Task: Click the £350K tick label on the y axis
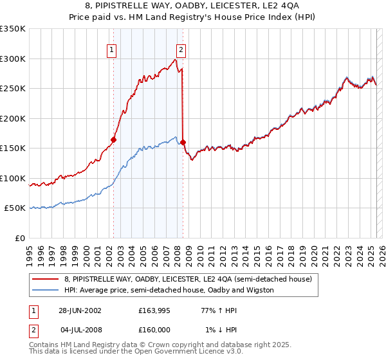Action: coord(12,29)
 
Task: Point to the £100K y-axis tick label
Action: coord(12,178)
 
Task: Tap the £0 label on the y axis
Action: coord(19,238)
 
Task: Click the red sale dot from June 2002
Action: coord(114,139)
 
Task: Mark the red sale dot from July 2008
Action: coord(183,142)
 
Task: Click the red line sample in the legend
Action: coord(46,279)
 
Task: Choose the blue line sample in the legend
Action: coord(46,290)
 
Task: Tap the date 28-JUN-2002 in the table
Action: coord(80,310)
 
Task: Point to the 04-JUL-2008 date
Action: coord(80,330)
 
